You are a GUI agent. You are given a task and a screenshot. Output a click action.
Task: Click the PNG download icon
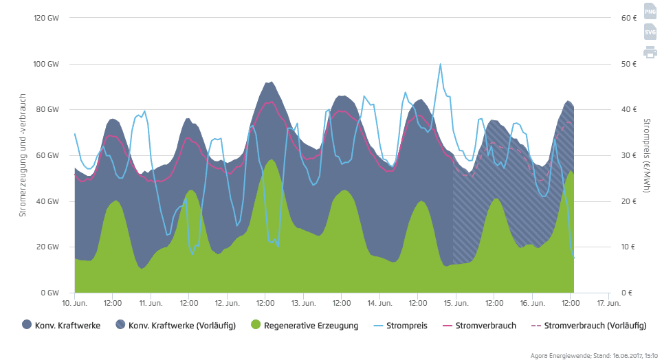pyautogui.click(x=650, y=11)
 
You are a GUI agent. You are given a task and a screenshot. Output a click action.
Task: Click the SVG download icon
pyautogui.click(x=650, y=32)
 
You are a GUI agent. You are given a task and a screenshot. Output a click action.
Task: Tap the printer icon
pyautogui.click(x=650, y=52)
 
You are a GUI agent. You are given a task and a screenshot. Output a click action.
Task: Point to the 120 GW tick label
pyautogui.click(x=47, y=18)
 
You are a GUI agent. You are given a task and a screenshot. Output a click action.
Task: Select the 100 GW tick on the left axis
pyautogui.click(x=47, y=64)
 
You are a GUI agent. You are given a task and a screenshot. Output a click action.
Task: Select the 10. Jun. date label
pyautogui.click(x=74, y=302)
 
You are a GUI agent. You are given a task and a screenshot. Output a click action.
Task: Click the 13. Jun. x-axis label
pyautogui.click(x=303, y=302)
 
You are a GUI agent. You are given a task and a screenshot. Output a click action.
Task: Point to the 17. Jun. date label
pyautogui.click(x=608, y=302)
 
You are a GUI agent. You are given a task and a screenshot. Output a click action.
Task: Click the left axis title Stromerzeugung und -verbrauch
pyautogui.click(x=23, y=155)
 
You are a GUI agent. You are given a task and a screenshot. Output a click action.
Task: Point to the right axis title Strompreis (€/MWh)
pyautogui.click(x=648, y=155)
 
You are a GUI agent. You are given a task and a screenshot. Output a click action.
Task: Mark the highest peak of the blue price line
pyautogui.click(x=440, y=64)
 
